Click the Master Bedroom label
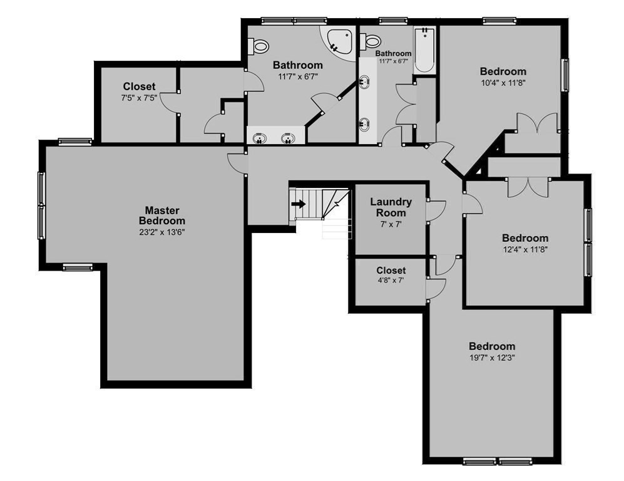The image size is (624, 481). [162, 215]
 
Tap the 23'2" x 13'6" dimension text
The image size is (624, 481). [162, 232]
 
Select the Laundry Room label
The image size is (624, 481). [391, 207]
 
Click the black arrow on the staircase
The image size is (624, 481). [299, 204]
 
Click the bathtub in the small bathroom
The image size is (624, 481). [424, 49]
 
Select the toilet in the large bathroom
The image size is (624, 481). [258, 46]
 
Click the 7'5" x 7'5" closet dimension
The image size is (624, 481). [139, 98]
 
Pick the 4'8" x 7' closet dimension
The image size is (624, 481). [391, 281]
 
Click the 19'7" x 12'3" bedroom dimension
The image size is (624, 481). [493, 358]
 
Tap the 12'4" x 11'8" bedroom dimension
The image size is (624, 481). [525, 250]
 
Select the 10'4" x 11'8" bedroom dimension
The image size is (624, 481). [503, 83]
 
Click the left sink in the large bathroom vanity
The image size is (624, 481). [260, 138]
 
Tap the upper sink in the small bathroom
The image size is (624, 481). [364, 81]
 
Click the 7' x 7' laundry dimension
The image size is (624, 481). [391, 224]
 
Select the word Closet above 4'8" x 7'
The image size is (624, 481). [391, 271]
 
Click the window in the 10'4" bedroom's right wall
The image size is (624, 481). [565, 75]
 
